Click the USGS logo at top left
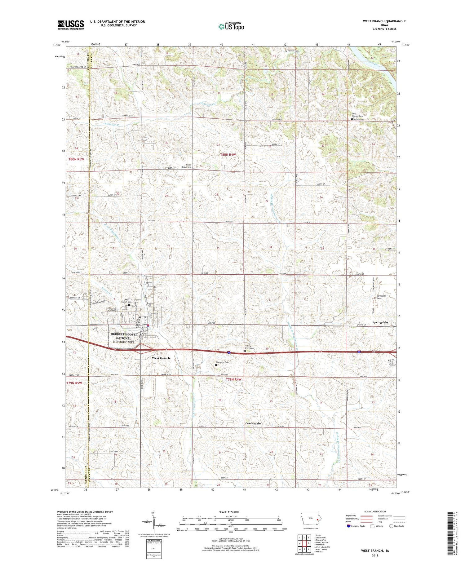[71, 25]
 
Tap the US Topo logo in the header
[231, 26]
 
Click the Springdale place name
[380, 322]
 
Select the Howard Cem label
[293, 51]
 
